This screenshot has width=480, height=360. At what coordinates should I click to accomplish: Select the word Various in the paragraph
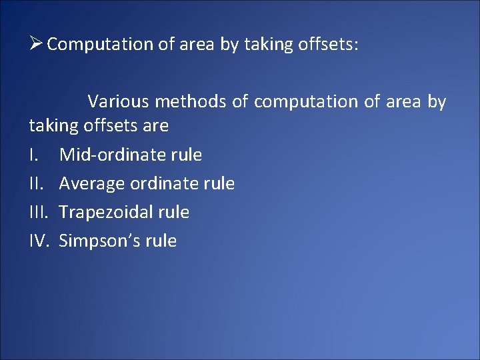118,102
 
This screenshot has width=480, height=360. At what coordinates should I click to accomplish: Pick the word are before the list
155,125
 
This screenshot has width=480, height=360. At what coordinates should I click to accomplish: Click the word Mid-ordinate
113,155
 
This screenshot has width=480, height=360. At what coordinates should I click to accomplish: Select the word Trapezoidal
107,212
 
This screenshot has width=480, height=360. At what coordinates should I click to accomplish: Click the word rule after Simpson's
162,241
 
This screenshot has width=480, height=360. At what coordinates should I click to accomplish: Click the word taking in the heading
267,45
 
